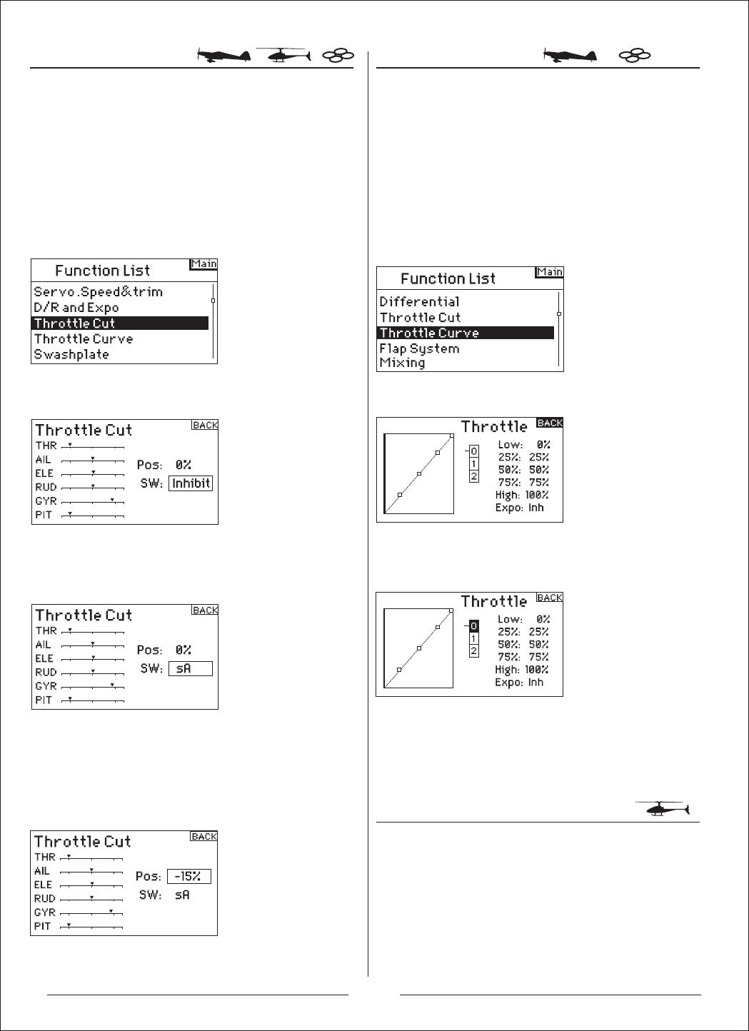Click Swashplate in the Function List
71,355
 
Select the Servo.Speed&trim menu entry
98,292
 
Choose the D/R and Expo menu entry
76,308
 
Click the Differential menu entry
419,301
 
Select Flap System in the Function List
419,348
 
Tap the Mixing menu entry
402,363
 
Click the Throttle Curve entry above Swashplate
84,339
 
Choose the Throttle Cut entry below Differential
420,317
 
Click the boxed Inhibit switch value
191,483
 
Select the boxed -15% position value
188,877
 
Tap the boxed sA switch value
190,668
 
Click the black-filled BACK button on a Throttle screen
550,423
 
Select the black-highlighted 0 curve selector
474,626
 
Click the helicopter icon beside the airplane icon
283,56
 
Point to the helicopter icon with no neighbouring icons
662,809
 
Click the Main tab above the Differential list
550,272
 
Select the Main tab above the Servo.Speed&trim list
203,264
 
